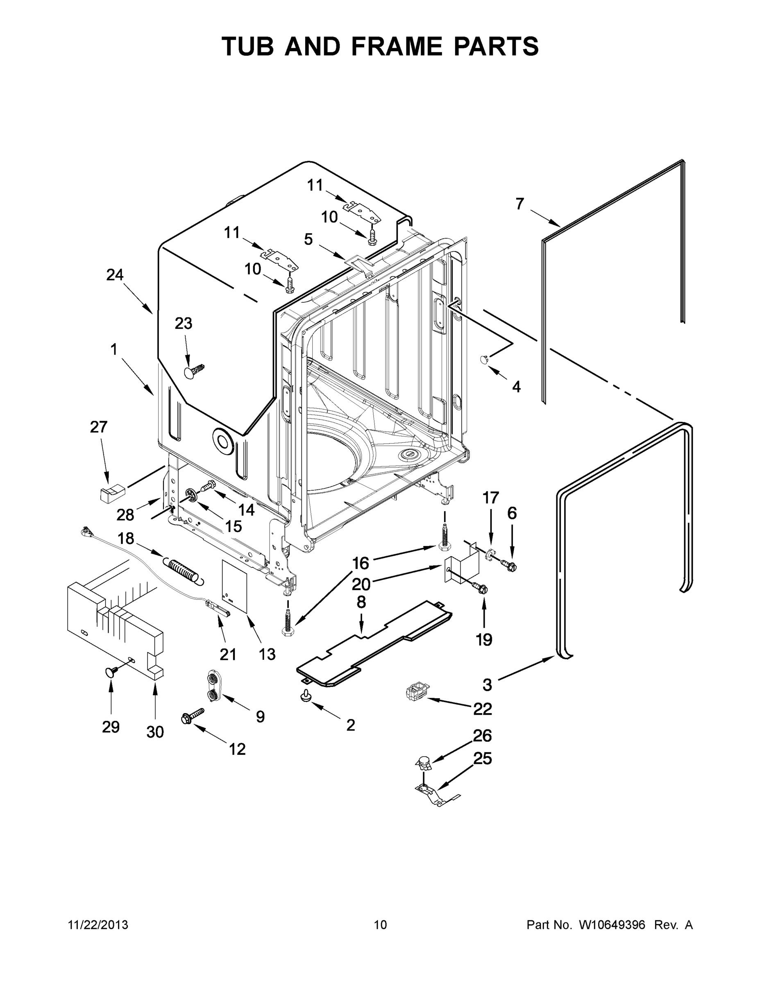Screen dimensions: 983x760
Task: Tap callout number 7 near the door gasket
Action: click(x=520, y=204)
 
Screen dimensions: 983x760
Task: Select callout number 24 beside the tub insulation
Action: click(x=115, y=275)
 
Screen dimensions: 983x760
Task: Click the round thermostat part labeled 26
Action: click(x=422, y=762)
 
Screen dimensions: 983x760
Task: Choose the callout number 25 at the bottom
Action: click(x=482, y=759)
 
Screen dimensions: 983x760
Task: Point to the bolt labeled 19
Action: click(x=479, y=587)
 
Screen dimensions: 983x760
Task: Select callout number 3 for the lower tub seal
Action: click(x=487, y=685)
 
